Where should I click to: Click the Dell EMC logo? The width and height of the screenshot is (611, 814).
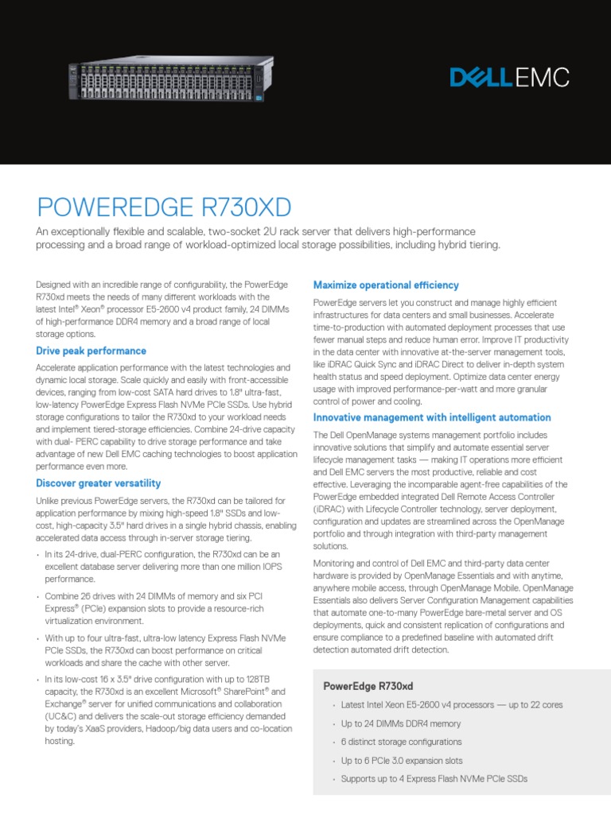[509, 77]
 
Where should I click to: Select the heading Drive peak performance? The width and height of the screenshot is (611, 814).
[91, 351]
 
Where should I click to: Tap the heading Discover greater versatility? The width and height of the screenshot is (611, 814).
[99, 483]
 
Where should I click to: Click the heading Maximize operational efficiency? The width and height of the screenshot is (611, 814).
[386, 285]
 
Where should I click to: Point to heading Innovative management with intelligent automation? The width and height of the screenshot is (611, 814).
[432, 417]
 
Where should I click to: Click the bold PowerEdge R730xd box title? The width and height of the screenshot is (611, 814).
[368, 686]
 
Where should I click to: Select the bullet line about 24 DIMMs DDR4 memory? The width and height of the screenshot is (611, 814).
[401, 724]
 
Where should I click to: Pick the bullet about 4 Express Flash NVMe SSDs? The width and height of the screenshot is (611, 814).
[434, 779]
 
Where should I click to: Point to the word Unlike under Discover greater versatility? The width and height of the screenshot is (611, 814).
[49, 501]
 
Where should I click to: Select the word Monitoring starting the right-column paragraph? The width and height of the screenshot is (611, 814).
[335, 563]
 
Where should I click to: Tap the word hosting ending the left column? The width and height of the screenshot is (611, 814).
[60, 740]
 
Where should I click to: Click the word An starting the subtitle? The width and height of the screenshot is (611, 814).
[44, 231]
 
